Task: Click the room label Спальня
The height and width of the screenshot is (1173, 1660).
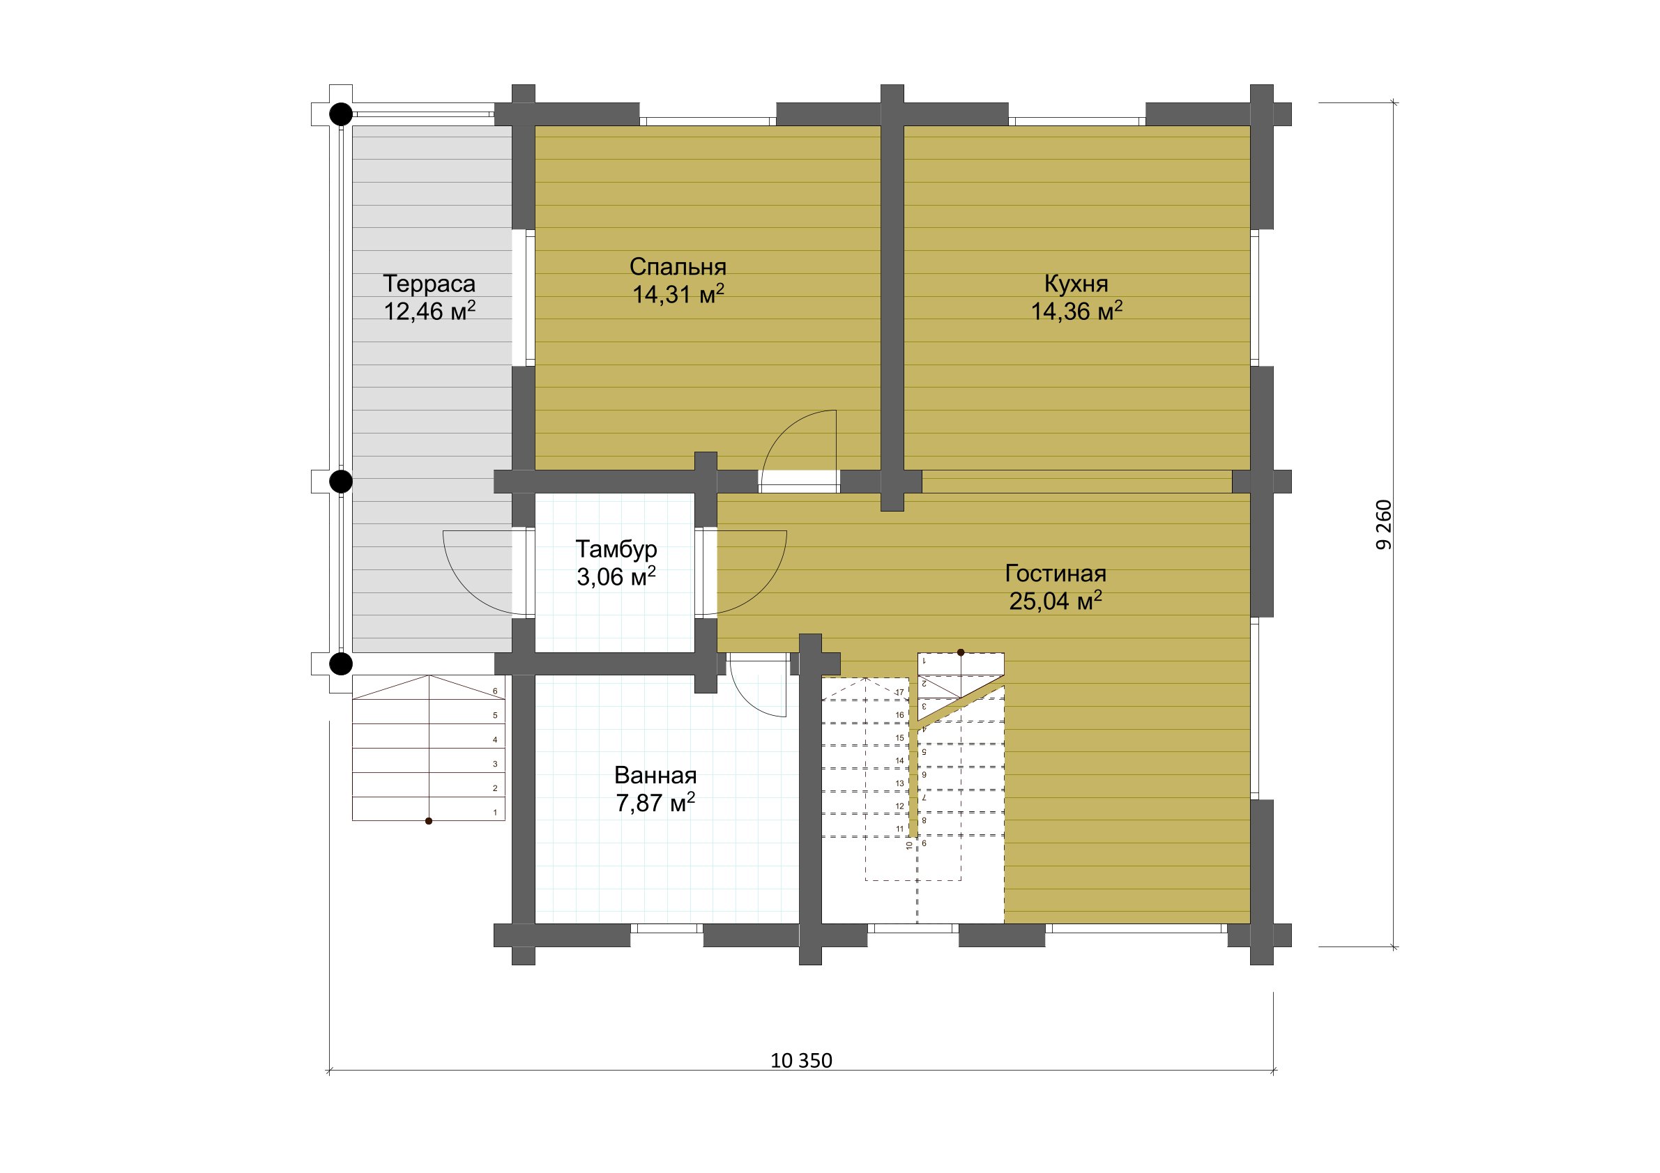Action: (678, 267)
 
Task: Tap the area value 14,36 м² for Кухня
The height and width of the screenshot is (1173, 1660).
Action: (1076, 311)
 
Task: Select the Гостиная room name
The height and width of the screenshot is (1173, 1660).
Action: (1056, 573)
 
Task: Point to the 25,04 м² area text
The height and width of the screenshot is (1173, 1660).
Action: (1056, 600)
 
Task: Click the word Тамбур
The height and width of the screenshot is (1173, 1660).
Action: (616, 549)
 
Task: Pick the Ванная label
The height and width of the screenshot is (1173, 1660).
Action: (655, 776)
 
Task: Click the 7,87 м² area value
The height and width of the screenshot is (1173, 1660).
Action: (655, 802)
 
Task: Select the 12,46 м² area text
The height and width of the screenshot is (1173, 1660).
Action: (429, 311)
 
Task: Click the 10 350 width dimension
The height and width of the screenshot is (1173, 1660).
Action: (801, 1060)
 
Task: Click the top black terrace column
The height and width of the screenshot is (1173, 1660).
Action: (341, 114)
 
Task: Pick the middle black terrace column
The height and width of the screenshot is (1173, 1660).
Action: (341, 482)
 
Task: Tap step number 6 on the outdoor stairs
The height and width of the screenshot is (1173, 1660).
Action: (495, 691)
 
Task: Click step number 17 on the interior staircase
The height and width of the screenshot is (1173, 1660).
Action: (899, 692)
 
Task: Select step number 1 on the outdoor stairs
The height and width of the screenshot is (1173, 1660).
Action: (495, 813)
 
